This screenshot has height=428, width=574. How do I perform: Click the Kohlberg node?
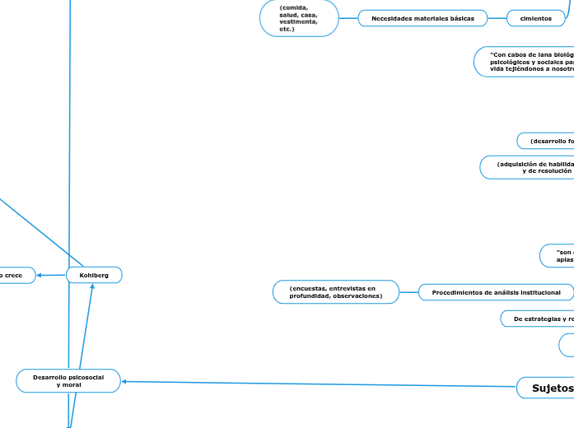(x=94, y=275)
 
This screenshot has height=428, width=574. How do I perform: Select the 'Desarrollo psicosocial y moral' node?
(x=68, y=380)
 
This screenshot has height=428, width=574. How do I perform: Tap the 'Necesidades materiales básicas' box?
(x=422, y=18)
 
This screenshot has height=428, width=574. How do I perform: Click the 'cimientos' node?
(x=535, y=18)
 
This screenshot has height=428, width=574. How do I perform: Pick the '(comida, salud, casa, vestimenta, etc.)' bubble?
(x=299, y=18)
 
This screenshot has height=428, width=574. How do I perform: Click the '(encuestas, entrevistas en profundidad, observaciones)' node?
(x=335, y=292)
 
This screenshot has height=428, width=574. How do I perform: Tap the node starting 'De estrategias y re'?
(x=539, y=319)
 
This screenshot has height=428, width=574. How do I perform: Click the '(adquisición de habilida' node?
(x=531, y=167)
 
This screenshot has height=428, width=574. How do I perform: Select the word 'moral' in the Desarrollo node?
(x=69, y=385)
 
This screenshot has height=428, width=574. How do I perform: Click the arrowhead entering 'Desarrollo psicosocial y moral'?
(x=125, y=381)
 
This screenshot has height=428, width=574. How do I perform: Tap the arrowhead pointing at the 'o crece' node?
(x=40, y=275)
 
